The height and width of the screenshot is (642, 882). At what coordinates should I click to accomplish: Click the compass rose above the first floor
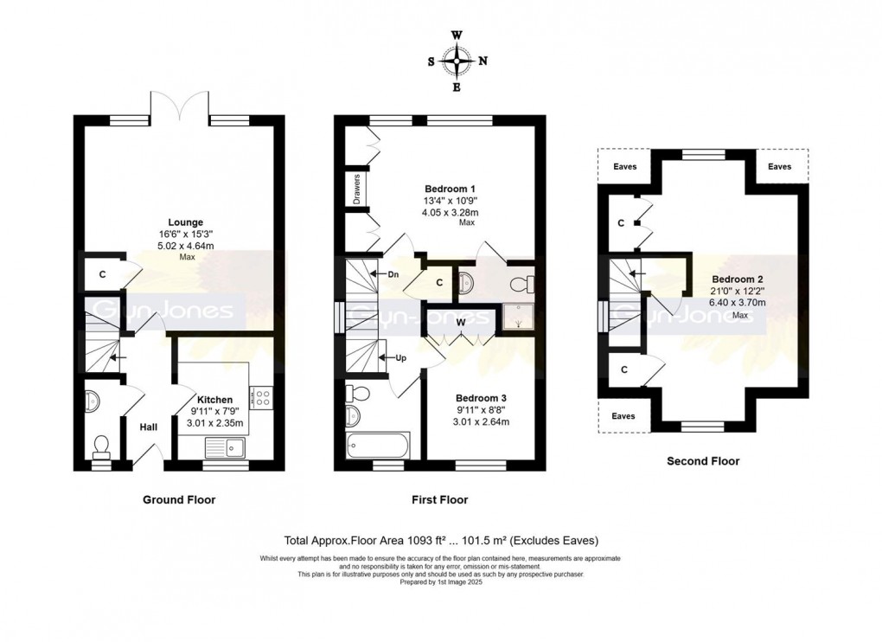tap(457, 61)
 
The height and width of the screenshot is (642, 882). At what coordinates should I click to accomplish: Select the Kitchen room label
tap(211, 400)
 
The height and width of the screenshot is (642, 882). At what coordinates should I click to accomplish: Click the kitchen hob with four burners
tap(262, 396)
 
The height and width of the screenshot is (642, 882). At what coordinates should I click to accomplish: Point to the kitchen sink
tap(225, 447)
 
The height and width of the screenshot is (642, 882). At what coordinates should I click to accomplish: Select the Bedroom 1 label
tap(450, 188)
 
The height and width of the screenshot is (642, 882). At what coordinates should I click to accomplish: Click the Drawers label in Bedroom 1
tap(356, 189)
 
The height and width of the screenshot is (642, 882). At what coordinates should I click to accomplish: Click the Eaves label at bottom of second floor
tap(623, 416)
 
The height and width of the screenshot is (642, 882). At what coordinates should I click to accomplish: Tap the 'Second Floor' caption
tap(703, 461)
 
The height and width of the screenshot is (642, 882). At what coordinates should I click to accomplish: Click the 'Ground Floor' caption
tap(179, 499)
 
